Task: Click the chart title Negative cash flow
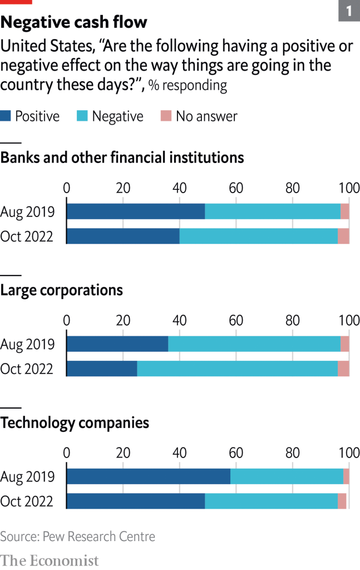click(73, 22)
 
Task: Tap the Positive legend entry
click(31, 116)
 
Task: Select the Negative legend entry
click(110, 116)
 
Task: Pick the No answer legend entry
click(199, 116)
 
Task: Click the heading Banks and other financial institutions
click(122, 158)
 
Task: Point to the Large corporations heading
click(61, 290)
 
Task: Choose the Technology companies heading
click(75, 423)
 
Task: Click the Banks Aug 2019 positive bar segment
click(136, 212)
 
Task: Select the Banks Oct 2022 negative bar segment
click(259, 236)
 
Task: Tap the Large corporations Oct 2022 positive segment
click(102, 368)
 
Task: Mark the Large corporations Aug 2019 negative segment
click(254, 344)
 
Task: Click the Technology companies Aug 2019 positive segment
click(149, 476)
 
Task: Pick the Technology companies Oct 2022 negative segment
click(272, 501)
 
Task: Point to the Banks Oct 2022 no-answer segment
click(343, 236)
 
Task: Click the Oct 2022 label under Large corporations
click(27, 369)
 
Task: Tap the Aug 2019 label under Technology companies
click(27, 477)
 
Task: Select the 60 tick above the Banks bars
click(236, 188)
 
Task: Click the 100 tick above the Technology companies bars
click(349, 453)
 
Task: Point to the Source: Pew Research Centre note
click(77, 537)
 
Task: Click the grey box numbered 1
click(349, 11)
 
